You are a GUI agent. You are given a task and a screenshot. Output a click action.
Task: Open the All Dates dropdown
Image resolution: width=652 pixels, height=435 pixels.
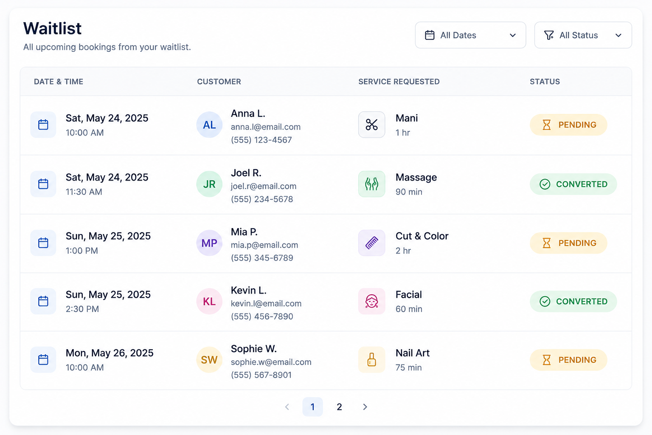(470, 35)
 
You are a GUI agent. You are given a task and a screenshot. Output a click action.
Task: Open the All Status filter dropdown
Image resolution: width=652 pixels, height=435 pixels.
(583, 35)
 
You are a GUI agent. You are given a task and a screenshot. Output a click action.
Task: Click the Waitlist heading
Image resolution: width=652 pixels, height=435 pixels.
(52, 28)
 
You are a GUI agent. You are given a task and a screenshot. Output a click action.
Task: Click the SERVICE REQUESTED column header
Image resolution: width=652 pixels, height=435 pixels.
(399, 82)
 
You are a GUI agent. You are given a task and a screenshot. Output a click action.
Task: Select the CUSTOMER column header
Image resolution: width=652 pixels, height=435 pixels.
(219, 82)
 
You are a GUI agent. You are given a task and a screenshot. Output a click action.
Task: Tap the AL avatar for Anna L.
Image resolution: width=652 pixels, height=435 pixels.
(209, 125)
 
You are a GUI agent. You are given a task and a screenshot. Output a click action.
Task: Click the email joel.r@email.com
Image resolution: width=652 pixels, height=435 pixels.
(264, 186)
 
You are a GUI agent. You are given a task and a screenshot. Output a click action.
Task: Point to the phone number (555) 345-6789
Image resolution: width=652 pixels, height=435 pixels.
(262, 258)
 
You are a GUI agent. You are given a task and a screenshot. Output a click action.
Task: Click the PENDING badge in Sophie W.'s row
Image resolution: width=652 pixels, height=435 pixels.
(568, 360)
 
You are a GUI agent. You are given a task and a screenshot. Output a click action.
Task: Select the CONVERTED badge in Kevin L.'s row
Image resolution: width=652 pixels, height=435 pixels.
(573, 301)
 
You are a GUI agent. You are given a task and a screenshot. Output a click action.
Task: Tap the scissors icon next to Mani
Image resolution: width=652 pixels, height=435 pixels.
(372, 125)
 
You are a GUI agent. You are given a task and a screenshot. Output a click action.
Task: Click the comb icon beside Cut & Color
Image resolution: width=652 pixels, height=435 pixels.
(372, 243)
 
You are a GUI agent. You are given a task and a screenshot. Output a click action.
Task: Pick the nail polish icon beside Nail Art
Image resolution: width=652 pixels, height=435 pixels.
(372, 360)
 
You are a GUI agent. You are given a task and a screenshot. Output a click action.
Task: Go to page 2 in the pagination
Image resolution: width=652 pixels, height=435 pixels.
(339, 407)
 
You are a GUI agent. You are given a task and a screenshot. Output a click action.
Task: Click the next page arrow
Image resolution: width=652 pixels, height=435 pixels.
(365, 407)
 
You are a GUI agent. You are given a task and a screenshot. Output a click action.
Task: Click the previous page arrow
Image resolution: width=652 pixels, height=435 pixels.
(287, 407)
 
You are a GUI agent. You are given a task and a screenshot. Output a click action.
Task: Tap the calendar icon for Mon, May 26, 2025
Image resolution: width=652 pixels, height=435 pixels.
(43, 360)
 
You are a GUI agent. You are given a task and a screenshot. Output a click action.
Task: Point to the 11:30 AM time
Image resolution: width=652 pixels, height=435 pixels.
(84, 192)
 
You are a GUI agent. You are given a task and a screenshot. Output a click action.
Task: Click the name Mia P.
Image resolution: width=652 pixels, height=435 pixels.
(244, 232)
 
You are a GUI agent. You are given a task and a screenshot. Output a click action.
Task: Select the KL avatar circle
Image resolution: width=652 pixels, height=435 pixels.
(209, 301)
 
